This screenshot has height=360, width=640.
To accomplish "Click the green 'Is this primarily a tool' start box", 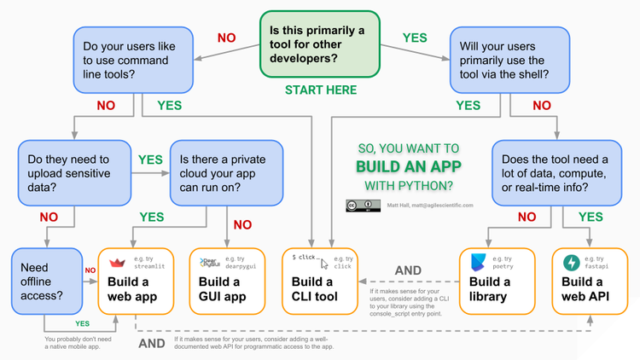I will tap(320, 45).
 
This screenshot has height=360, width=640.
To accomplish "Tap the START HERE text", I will tap(321, 90).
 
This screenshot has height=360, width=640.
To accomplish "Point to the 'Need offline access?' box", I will tap(46, 280).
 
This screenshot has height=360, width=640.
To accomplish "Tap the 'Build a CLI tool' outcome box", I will tap(320, 280).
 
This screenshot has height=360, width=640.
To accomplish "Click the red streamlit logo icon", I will tap(118, 262).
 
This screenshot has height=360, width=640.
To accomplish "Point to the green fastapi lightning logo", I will tap(570, 263).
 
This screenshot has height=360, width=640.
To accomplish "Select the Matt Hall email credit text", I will tap(429, 206).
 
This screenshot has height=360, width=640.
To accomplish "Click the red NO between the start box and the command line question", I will tap(226, 38).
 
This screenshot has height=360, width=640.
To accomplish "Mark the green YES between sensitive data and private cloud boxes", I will tap(149, 160).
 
